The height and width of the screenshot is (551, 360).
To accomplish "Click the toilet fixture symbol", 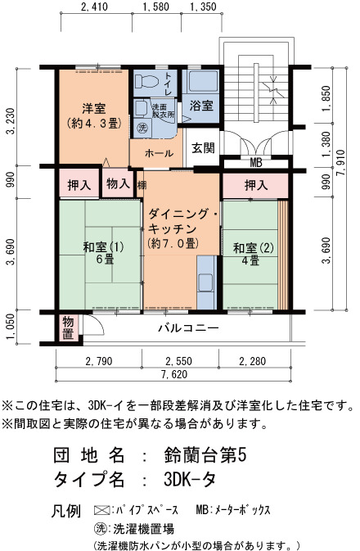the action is tap(146, 82).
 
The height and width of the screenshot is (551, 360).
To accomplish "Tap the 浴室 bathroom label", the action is tap(201, 106).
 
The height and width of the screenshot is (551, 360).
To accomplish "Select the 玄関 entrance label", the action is tap(203, 147).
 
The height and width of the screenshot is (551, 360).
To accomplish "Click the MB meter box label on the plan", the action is tap(256, 163).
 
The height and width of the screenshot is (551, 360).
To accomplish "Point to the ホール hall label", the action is tap(159, 153).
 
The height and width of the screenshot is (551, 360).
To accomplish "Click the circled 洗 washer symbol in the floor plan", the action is tap(142, 127).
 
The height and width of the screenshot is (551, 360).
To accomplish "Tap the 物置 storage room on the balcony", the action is tap(68, 327).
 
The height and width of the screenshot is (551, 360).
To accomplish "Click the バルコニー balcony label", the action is tap(188, 328).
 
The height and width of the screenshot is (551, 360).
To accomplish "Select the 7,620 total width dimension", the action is tap(174, 375).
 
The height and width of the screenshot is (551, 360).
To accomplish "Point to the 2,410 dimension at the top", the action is tap(94, 7).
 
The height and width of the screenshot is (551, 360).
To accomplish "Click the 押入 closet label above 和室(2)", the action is tap(256, 185).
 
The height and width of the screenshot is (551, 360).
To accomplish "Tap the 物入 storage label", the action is tap(118, 183).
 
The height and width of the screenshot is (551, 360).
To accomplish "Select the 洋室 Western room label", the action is tap(94, 108).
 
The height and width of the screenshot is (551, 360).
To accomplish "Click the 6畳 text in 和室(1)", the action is tap(105, 260).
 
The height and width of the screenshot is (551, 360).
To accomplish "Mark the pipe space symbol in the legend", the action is tap(101, 509).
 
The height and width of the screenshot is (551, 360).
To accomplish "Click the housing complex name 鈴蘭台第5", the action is tap(205, 455).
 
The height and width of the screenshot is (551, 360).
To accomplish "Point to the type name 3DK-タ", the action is tap(189, 479).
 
